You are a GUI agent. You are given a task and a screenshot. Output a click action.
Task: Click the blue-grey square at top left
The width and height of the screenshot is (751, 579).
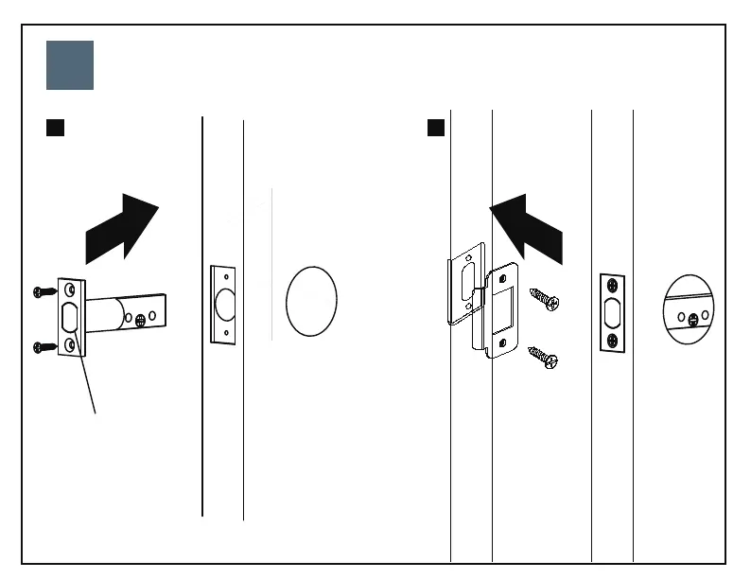(70, 65)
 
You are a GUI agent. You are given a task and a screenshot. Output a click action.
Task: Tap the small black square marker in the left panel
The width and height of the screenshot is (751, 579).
(55, 128)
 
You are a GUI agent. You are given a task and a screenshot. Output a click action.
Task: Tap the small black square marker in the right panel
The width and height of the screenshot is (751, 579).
(436, 128)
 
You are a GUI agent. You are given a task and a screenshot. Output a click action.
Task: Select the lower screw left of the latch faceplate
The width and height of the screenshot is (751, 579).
(42, 347)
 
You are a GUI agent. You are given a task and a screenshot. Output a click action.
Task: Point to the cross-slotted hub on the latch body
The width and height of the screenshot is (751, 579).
(141, 320)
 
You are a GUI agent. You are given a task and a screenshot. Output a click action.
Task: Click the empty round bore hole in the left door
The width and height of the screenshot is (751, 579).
(311, 300)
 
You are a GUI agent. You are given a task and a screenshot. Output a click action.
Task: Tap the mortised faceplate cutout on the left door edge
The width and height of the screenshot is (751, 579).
(223, 303)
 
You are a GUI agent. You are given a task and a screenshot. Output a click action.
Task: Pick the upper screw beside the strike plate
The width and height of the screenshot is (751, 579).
(545, 300)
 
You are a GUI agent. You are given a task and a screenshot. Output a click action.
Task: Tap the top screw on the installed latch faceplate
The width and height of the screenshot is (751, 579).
(613, 285)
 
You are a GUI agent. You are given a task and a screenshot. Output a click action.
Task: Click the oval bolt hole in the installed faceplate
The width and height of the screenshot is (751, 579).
(613, 312)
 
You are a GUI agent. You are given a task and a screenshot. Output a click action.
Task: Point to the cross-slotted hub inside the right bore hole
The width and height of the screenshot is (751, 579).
(694, 317)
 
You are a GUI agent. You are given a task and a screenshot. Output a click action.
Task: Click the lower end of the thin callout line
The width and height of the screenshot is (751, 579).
(96, 412)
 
